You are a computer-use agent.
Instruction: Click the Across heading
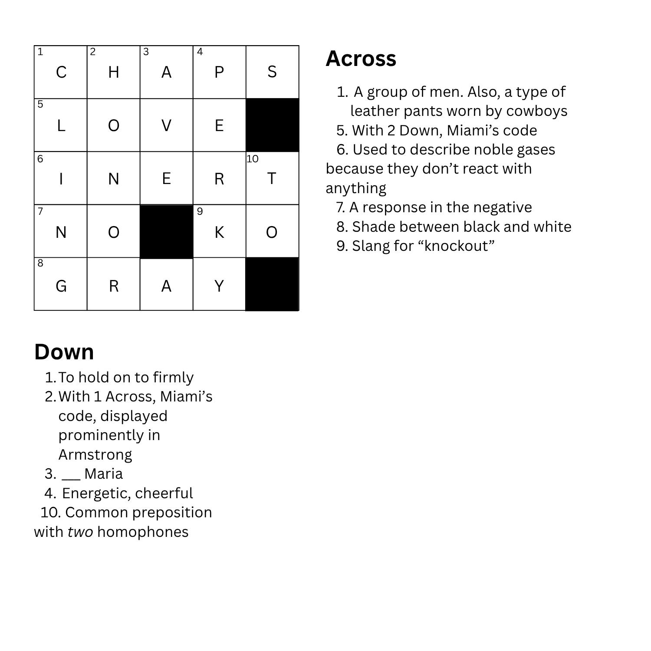tap(361, 59)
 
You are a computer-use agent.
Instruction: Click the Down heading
tap(64, 352)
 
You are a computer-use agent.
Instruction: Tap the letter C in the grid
tap(61, 72)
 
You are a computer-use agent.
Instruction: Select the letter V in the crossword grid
tap(166, 126)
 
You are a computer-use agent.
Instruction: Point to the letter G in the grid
tap(61, 286)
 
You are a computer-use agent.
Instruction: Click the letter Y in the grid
tap(219, 286)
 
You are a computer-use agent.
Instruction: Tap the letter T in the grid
tap(272, 179)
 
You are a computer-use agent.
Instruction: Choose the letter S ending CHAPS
tap(272, 72)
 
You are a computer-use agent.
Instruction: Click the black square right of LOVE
tap(272, 125)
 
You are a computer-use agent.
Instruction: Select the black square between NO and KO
tap(166, 232)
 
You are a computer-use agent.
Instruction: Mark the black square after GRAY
tap(272, 285)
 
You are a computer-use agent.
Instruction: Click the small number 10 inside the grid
tap(252, 159)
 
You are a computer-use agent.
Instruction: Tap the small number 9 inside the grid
tap(200, 211)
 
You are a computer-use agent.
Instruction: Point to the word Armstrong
tap(95, 454)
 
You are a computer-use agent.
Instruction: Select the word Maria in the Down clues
tap(103, 473)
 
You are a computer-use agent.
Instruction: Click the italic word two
tap(80, 532)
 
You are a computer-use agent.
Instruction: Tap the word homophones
tap(143, 532)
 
